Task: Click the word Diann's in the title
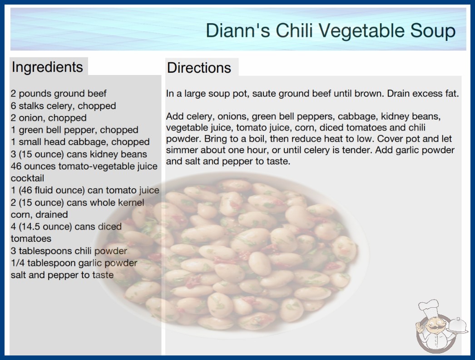pos(238,30)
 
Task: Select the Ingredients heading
pos(47,67)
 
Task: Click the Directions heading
pos(199,68)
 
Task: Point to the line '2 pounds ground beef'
pos(59,94)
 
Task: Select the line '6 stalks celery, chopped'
pos(63,106)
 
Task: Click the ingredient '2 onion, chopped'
pos(49,118)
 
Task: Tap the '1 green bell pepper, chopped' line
pos(74,130)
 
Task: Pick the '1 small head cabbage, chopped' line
pos(80,142)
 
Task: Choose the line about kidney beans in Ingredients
pos(79,154)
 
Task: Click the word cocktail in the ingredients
pos(27,178)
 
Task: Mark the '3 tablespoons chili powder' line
pos(69,251)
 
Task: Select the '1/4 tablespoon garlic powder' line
pos(74,263)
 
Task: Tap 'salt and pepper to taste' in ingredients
pos(62,275)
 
